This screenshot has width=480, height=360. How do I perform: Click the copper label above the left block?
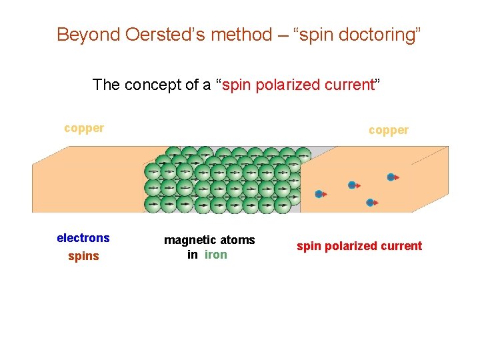click(x=84, y=128)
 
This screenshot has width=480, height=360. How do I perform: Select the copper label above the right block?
click(x=389, y=130)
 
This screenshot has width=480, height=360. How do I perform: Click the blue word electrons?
click(x=83, y=238)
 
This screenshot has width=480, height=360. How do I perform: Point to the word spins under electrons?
click(x=83, y=256)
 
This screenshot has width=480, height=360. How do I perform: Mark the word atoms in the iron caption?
click(x=239, y=240)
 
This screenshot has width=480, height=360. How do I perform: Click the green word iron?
click(x=215, y=255)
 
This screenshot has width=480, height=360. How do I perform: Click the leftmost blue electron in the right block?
click(x=319, y=194)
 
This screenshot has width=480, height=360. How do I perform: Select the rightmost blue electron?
click(x=391, y=177)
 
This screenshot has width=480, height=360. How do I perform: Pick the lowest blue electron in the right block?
click(x=370, y=202)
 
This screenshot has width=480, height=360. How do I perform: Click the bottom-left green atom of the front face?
click(x=153, y=203)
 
